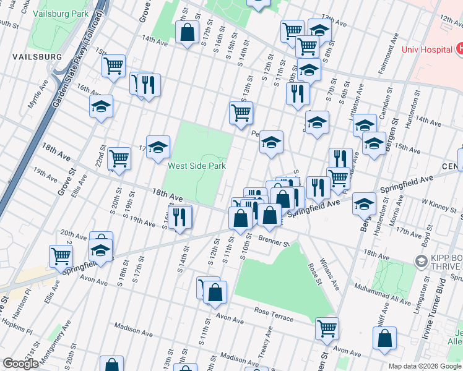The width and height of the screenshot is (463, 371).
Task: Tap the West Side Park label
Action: (197, 166)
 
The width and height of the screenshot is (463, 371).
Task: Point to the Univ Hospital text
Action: (426, 49)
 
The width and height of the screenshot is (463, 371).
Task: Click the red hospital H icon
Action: (460, 48)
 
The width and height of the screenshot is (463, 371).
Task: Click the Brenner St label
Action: (274, 239)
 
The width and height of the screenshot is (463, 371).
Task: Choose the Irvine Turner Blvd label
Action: (441, 310)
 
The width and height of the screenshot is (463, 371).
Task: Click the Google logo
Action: (20, 364)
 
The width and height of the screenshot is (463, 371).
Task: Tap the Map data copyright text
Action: (424, 366)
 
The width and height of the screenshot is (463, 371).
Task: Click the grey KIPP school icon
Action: (421, 262)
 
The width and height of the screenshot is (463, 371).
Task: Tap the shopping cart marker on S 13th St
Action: (241, 113)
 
